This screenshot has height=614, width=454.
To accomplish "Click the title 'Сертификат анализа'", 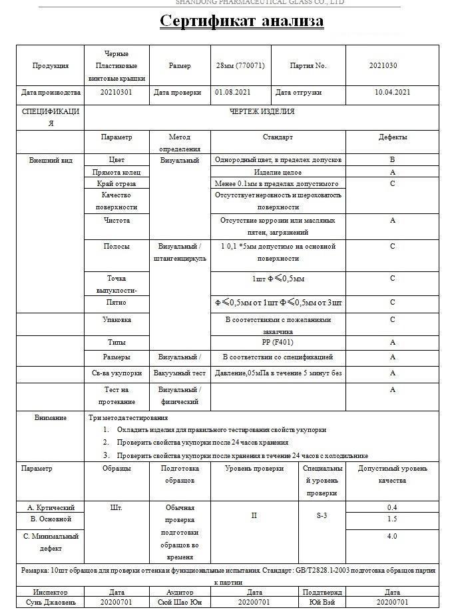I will click(242, 21).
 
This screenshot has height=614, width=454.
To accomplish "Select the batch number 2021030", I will click(383, 65).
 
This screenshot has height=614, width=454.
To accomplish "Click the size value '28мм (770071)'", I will click(240, 65).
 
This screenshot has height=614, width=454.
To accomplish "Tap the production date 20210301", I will click(116, 93).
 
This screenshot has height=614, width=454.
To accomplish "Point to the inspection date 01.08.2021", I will click(232, 93).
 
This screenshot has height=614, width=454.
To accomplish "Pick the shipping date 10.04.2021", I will click(392, 93).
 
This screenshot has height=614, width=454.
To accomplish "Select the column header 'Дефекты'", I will click(392, 137).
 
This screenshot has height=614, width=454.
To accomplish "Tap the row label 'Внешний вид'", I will click(51, 160).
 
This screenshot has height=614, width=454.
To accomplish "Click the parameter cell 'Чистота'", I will click(116, 220).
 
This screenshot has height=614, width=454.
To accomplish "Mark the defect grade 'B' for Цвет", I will click(392, 160).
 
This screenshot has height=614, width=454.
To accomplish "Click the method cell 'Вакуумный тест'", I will click(180, 373).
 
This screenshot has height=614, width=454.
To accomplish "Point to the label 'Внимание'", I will click(51, 417).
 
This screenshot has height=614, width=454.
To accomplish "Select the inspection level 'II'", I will click(254, 515).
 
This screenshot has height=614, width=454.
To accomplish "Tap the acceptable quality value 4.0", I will click(392, 536).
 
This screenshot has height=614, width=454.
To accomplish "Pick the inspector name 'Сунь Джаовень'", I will click(51, 603).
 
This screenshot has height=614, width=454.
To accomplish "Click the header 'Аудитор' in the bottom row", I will click(180, 592).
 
